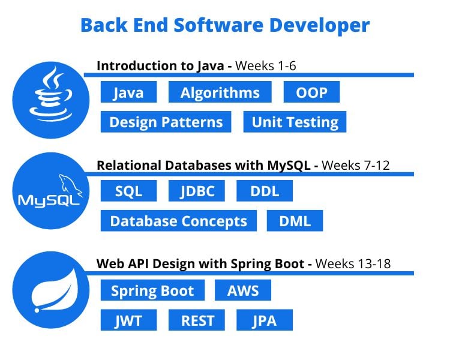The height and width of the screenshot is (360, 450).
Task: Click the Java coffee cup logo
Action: click(51, 100)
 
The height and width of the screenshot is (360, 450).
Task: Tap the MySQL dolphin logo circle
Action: click(51, 191)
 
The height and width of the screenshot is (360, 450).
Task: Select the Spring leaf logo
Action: click(51, 290)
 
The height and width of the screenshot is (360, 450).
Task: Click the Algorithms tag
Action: click(220, 92)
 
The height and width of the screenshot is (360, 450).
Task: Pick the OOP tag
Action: click(311, 92)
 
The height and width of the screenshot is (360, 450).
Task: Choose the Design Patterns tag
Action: click(166, 122)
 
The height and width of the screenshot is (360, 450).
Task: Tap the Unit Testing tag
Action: click(295, 122)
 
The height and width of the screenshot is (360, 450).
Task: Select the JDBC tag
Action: click(197, 191)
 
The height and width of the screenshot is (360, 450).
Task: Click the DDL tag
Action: click(265, 191)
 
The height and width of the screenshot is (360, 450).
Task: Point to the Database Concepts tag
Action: click(179, 221)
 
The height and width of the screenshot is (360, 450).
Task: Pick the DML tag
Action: click(295, 221)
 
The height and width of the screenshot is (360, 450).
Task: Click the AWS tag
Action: click(243, 290)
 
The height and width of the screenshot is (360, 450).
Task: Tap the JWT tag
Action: click(128, 320)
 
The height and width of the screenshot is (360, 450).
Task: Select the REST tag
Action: click(197, 320)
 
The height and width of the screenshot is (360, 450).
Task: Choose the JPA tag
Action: click(265, 320)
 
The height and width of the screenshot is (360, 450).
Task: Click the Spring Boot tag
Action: click(152, 290)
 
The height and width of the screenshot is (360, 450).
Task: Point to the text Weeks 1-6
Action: click(265, 66)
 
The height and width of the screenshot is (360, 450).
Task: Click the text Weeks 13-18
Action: click(353, 263)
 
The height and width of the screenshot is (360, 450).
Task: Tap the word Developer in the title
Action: click(319, 26)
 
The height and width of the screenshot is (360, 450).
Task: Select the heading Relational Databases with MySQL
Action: click(203, 166)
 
